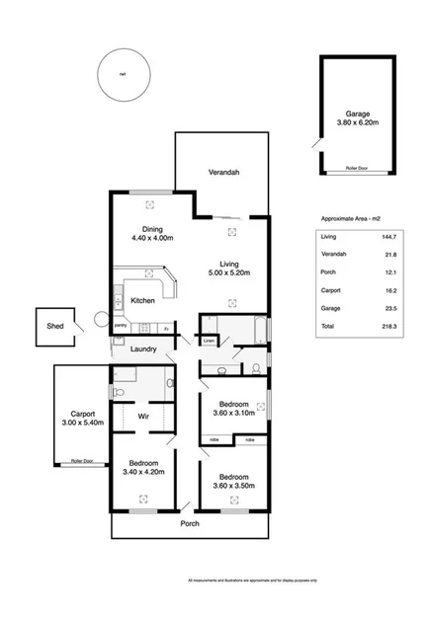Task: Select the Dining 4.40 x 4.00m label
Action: (151, 233)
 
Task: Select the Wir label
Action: (142, 417)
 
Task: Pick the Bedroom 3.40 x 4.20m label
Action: (143, 468)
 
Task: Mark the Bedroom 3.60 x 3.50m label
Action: (234, 481)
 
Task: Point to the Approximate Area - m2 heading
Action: (352, 218)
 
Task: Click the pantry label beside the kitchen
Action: (120, 326)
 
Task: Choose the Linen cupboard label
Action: (210, 342)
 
